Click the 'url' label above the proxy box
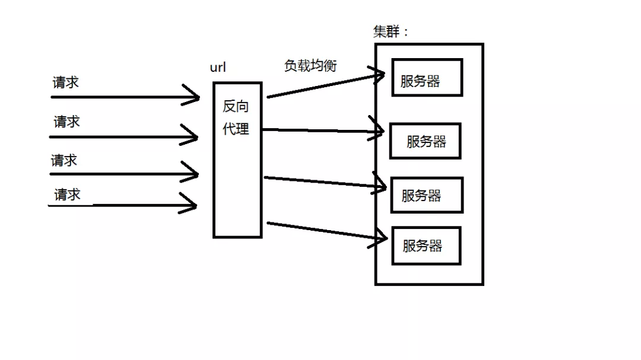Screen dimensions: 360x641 coord(218,67)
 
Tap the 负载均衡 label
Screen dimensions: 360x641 coord(310,66)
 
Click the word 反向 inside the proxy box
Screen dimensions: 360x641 coord(236,107)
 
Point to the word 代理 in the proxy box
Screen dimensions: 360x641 coord(236,129)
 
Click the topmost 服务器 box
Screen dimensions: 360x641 coord(427,78)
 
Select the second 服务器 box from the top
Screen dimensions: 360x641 coord(425,141)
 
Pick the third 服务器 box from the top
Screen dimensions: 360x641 coord(426,195)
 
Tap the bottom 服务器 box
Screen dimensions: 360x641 coord(426,246)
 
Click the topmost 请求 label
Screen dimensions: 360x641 coord(65,82)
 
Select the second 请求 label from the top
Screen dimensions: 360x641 coord(66,122)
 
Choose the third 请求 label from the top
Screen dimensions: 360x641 coord(64,161)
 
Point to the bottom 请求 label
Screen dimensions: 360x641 coord(67,195)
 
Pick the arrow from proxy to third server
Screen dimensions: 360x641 coord(320,181)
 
